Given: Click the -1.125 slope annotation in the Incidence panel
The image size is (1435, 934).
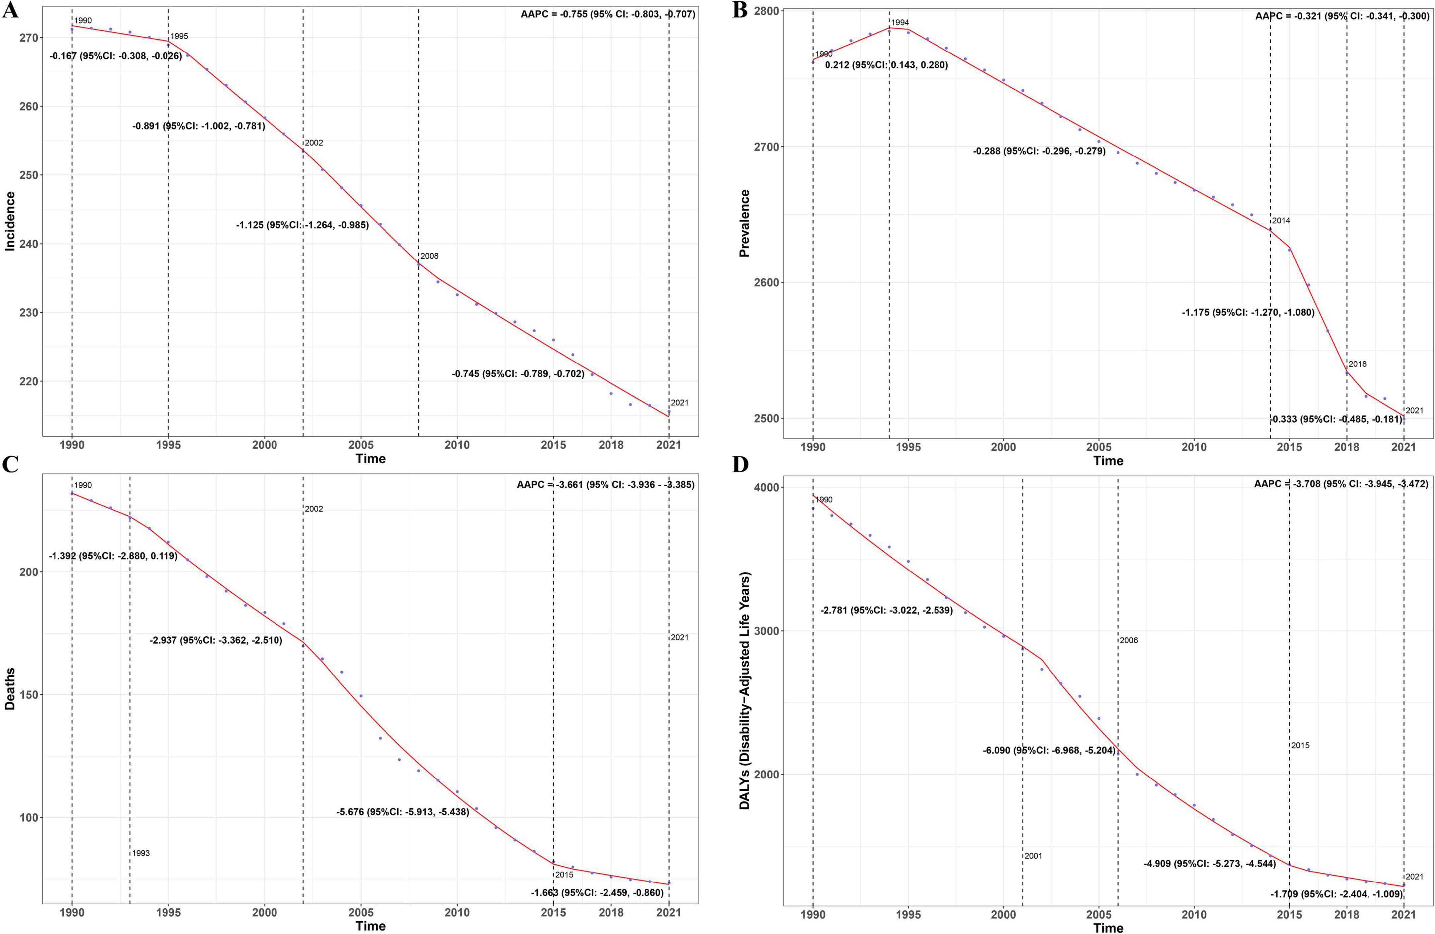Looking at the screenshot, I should click(302, 225).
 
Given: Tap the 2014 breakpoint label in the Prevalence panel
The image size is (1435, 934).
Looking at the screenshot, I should click(1281, 221).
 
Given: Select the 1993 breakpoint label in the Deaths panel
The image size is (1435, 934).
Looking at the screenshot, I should click(141, 853).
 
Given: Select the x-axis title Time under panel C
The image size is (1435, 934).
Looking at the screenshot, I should click(370, 926).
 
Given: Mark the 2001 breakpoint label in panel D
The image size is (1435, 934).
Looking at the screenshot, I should click(1033, 856).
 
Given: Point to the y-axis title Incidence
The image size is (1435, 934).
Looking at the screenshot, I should click(10, 221).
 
